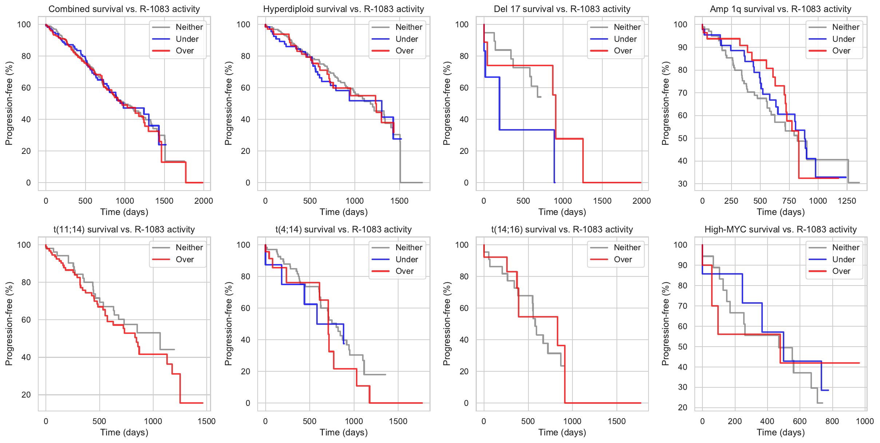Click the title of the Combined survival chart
point(124,9)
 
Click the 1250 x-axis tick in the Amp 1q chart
point(847,201)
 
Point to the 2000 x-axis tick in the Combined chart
point(203,201)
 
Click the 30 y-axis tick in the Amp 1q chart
point(683,184)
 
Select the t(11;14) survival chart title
point(124,230)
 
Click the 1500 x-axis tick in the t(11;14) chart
point(206,421)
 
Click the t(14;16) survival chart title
point(562,230)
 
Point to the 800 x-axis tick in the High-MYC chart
point(832,421)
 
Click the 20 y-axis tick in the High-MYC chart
point(683,407)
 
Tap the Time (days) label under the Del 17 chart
point(562,212)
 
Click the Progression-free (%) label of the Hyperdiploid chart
point(228,103)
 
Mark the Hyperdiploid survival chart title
point(344,9)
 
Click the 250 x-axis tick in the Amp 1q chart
point(731,201)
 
